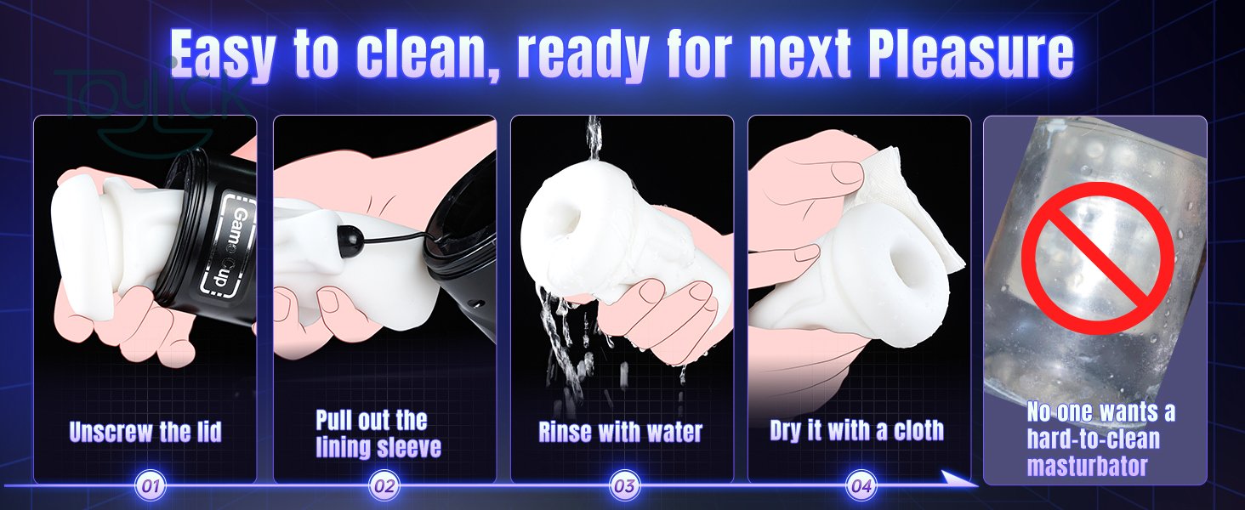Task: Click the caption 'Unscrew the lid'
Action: [x=145, y=432]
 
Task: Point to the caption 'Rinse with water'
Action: [x=620, y=432]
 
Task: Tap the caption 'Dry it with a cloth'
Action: [x=856, y=431]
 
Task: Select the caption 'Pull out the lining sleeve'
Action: [x=378, y=433]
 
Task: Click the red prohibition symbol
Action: [x=1098, y=258]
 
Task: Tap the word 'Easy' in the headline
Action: [x=222, y=55]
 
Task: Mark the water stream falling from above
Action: [x=593, y=139]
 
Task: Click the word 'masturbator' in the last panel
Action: [x=1087, y=465]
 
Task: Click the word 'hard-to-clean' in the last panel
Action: [x=1093, y=439]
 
